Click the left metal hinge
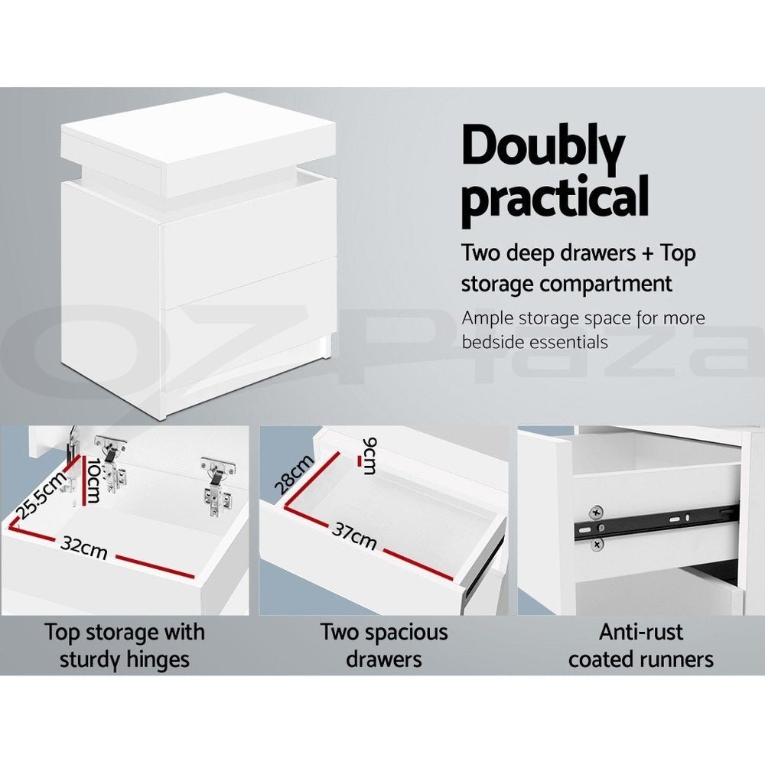tap(112, 464)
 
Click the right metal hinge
tap(215, 487)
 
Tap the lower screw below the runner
tap(597, 543)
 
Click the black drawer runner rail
tap(658, 524)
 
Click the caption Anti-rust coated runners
tap(640, 646)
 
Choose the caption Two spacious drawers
tap(383, 646)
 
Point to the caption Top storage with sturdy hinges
tap(124, 646)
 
